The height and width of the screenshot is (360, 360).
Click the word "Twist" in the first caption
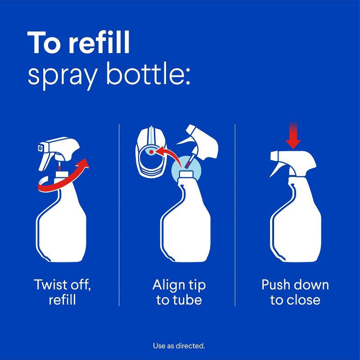50,285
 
